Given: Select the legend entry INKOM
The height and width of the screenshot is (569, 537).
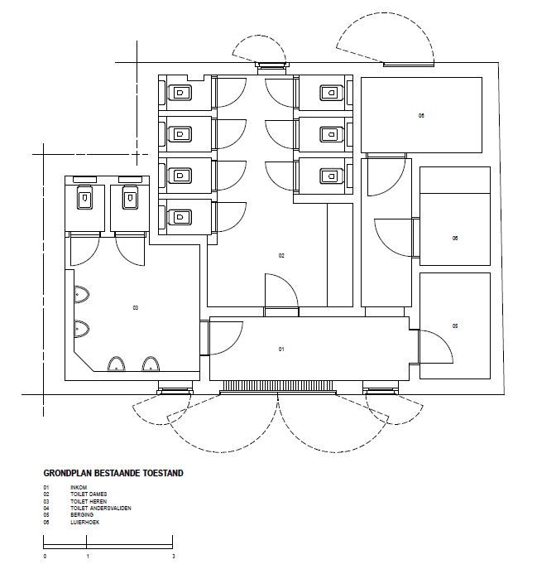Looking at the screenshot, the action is coord(79,487).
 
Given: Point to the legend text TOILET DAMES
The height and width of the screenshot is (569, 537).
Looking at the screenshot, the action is coord(89,494).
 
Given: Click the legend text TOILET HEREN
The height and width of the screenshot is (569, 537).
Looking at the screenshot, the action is coord(89,502).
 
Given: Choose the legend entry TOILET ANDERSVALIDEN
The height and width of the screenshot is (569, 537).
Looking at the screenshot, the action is coord(101,508).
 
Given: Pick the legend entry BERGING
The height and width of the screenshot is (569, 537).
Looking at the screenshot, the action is coord(82,515).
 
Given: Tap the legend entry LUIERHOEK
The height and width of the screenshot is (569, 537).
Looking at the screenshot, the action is coord(85,522).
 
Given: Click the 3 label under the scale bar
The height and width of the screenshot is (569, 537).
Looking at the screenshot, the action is coord(174,556).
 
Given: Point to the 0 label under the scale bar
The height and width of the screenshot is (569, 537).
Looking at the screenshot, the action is coord(45,556).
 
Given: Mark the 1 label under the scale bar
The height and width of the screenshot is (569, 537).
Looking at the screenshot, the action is coord(88,556).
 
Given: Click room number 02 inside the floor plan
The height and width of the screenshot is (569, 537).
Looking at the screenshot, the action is coord(281,255).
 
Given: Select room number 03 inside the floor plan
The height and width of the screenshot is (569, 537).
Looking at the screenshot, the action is coord(135,308).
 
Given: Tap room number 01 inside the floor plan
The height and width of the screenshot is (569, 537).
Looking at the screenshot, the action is coord(281,349).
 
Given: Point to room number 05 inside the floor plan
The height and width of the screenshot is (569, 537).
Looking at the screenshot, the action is coord(455,325).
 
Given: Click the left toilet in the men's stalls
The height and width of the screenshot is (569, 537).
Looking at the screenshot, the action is coord(85,197).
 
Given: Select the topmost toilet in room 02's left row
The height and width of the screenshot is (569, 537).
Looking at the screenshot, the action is coord(180,93).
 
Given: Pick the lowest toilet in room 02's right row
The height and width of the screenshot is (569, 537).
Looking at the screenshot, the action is coord(332,176).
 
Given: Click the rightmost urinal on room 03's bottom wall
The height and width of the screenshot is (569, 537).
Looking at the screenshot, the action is coord(151,364).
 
